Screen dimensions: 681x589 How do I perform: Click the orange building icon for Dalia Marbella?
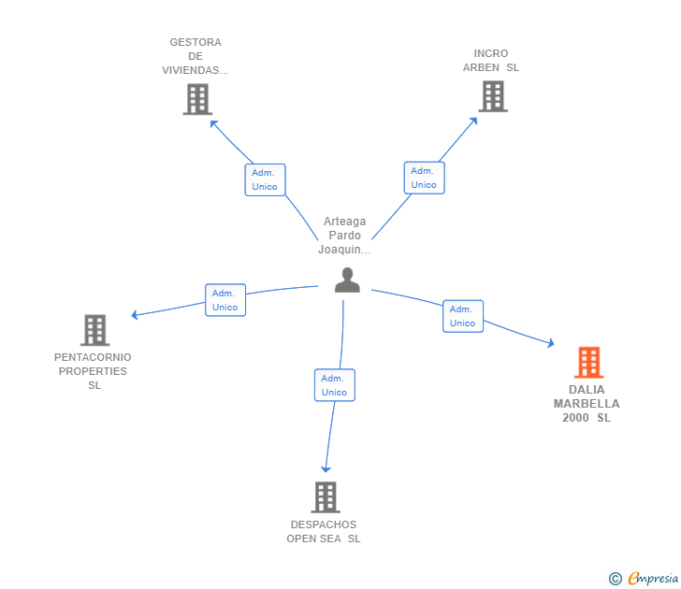coord(589,363)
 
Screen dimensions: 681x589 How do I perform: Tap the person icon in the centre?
coord(347,280)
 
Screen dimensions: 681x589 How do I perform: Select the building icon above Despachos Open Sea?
coord(326,497)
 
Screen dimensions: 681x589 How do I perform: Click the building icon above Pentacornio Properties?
coord(94,330)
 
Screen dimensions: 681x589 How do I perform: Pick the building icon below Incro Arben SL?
coord(493,96)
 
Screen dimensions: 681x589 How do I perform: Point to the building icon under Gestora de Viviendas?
coord(197,99)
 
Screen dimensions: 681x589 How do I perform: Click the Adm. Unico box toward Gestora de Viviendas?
coord(265,180)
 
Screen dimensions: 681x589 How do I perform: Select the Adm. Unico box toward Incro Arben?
coord(425,178)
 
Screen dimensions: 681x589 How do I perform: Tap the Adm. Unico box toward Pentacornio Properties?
coord(225,300)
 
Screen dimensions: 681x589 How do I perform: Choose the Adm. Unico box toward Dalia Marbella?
coord(463,316)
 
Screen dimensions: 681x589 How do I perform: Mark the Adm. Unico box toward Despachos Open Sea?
coord(335,385)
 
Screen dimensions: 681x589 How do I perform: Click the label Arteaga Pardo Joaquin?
coord(345,236)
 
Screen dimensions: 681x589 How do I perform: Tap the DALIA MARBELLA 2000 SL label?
coord(587,404)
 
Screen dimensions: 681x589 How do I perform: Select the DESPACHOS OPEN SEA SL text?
coord(324,532)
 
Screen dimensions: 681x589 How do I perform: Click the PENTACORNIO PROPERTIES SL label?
coord(93,371)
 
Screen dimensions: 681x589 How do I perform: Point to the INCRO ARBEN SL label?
coord(491,61)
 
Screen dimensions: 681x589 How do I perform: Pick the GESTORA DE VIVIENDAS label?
coord(196,56)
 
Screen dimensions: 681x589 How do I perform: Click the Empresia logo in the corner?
coord(644,579)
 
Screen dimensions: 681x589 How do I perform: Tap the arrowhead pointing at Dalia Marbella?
coord(551,343)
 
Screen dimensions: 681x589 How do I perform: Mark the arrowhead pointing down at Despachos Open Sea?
coord(326,469)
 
